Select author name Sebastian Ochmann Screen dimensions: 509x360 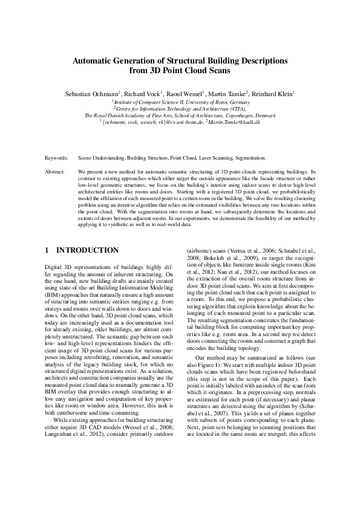coord(91,94)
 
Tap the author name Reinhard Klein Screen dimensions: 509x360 coord(272,94)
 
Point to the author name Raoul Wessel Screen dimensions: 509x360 coord(185,94)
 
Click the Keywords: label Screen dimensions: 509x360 coord(57,157)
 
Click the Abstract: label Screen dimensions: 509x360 coord(56,172)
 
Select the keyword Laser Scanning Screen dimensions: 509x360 coord(214,157)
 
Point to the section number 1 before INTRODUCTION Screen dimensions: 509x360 coord(48,250)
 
